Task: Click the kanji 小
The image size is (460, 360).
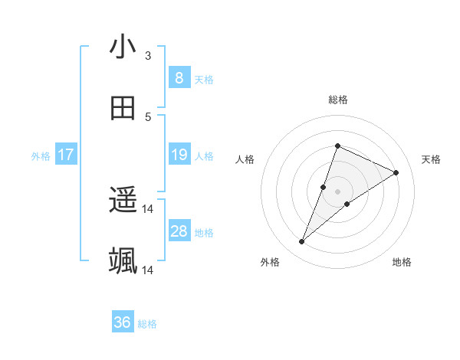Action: point(123,47)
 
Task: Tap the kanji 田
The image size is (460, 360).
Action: point(123,109)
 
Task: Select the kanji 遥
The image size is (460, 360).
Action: point(123,201)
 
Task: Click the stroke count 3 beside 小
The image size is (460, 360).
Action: point(148,56)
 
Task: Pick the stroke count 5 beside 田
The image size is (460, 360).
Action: point(148,117)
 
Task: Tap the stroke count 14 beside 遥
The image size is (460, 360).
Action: point(148,209)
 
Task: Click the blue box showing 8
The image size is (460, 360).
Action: point(179,78)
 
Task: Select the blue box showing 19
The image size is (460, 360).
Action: point(179,155)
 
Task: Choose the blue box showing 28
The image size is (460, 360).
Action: point(179,231)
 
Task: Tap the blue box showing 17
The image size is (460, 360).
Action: point(66,155)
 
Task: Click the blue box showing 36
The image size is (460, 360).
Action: point(123,323)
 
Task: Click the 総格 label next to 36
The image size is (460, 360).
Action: point(148,324)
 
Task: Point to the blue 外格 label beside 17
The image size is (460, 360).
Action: point(41,156)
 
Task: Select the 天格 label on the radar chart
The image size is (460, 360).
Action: point(431,159)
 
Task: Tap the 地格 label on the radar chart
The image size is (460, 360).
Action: point(402,262)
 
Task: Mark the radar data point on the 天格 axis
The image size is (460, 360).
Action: point(396,172)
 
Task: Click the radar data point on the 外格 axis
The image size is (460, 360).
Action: point(302,242)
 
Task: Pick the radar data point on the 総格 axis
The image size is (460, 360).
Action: point(337,146)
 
